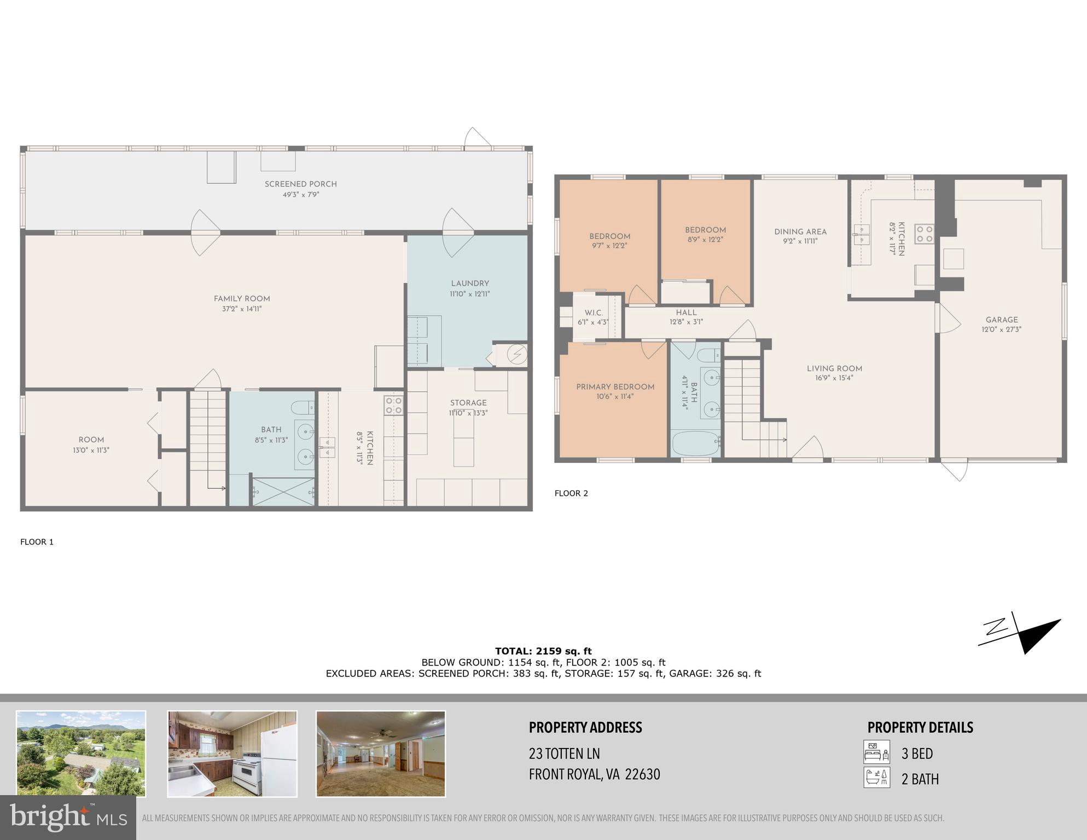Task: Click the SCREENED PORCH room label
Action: point(300,184)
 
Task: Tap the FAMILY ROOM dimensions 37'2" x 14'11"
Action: point(242,309)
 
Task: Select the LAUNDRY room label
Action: point(469,283)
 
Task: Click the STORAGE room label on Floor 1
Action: point(468,403)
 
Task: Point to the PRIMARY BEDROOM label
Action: point(615,387)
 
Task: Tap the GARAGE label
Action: point(1001,320)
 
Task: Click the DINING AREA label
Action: point(800,232)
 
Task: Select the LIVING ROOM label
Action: point(834,369)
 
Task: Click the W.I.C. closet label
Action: point(593,313)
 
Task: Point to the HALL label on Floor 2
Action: point(686,313)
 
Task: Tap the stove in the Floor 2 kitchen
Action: point(925,234)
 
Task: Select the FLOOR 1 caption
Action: point(37,542)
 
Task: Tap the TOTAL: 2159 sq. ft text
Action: point(543,651)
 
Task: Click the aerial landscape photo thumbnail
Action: point(81,753)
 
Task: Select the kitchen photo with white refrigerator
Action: point(232,753)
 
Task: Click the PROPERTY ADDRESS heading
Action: point(585,728)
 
